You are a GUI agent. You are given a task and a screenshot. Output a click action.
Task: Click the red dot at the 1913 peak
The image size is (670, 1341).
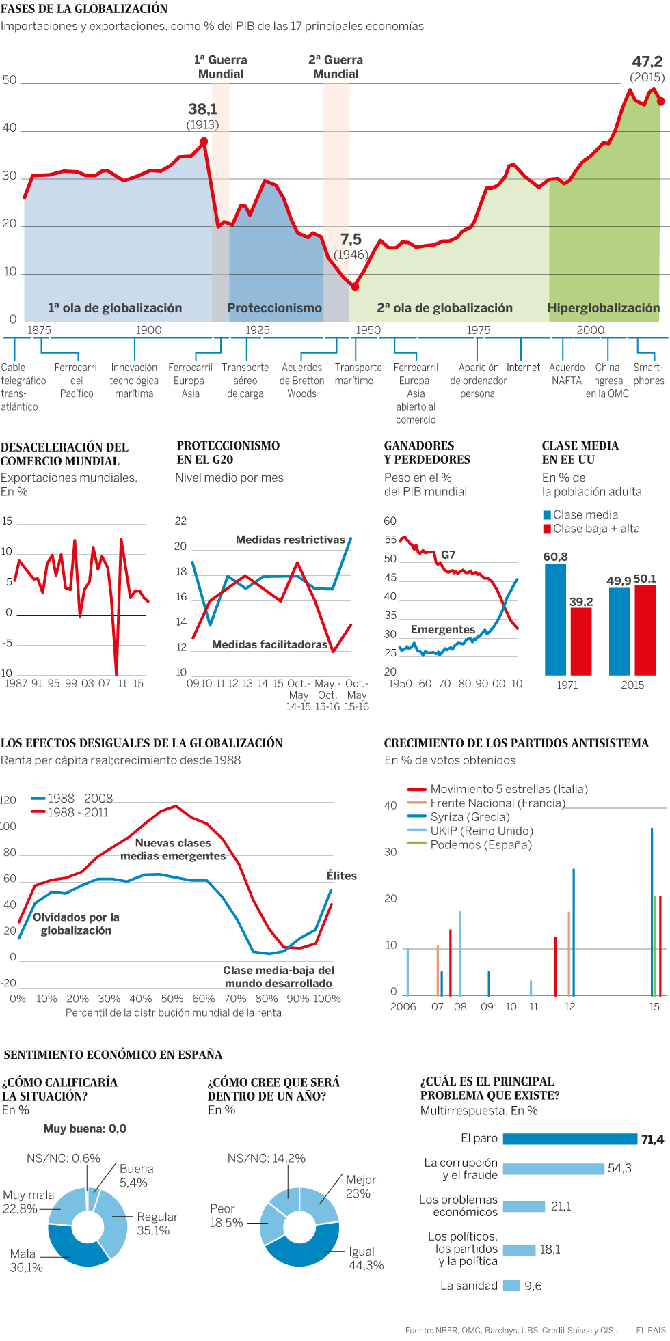pyautogui.click(x=204, y=141)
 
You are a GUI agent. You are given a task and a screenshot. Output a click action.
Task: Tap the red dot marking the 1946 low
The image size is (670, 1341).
pyautogui.click(x=355, y=287)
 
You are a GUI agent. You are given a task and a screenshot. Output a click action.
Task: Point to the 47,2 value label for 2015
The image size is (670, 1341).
pyautogui.click(x=647, y=62)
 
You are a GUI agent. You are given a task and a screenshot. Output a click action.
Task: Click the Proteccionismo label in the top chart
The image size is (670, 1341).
pyautogui.click(x=274, y=308)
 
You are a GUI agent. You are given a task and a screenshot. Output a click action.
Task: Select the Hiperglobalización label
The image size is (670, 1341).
pyautogui.click(x=603, y=308)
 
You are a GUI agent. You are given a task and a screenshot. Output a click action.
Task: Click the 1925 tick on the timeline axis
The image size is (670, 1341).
pyautogui.click(x=258, y=330)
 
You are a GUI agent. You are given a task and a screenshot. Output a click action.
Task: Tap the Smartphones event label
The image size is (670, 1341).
pyautogui.click(x=648, y=374)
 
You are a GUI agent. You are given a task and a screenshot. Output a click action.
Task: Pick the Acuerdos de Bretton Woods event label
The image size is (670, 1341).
pyautogui.click(x=301, y=381)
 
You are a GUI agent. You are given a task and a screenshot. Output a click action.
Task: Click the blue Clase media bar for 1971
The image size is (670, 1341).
pyautogui.click(x=555, y=619)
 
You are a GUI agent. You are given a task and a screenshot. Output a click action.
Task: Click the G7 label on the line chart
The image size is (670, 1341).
pyautogui.click(x=448, y=555)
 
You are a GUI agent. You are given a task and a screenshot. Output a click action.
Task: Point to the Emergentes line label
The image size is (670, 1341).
pyautogui.click(x=442, y=629)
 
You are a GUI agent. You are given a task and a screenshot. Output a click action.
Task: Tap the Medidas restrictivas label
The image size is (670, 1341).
pyautogui.click(x=291, y=540)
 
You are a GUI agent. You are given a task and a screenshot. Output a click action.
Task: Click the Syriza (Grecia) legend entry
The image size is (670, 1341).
pyautogui.click(x=470, y=817)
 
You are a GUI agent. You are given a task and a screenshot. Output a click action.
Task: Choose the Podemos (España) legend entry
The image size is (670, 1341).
pyautogui.click(x=481, y=845)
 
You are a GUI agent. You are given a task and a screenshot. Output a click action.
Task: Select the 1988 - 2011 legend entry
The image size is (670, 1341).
pyautogui.click(x=77, y=812)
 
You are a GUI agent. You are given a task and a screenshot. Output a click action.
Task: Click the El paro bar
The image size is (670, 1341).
pyautogui.click(x=569, y=1139)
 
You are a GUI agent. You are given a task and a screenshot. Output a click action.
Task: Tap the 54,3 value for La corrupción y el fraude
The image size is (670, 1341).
pyautogui.click(x=619, y=1168)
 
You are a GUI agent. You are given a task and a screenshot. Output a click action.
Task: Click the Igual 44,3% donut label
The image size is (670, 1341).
pyautogui.click(x=366, y=1258)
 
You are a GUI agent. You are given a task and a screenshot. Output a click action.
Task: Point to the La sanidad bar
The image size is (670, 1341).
pyautogui.click(x=511, y=1286)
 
